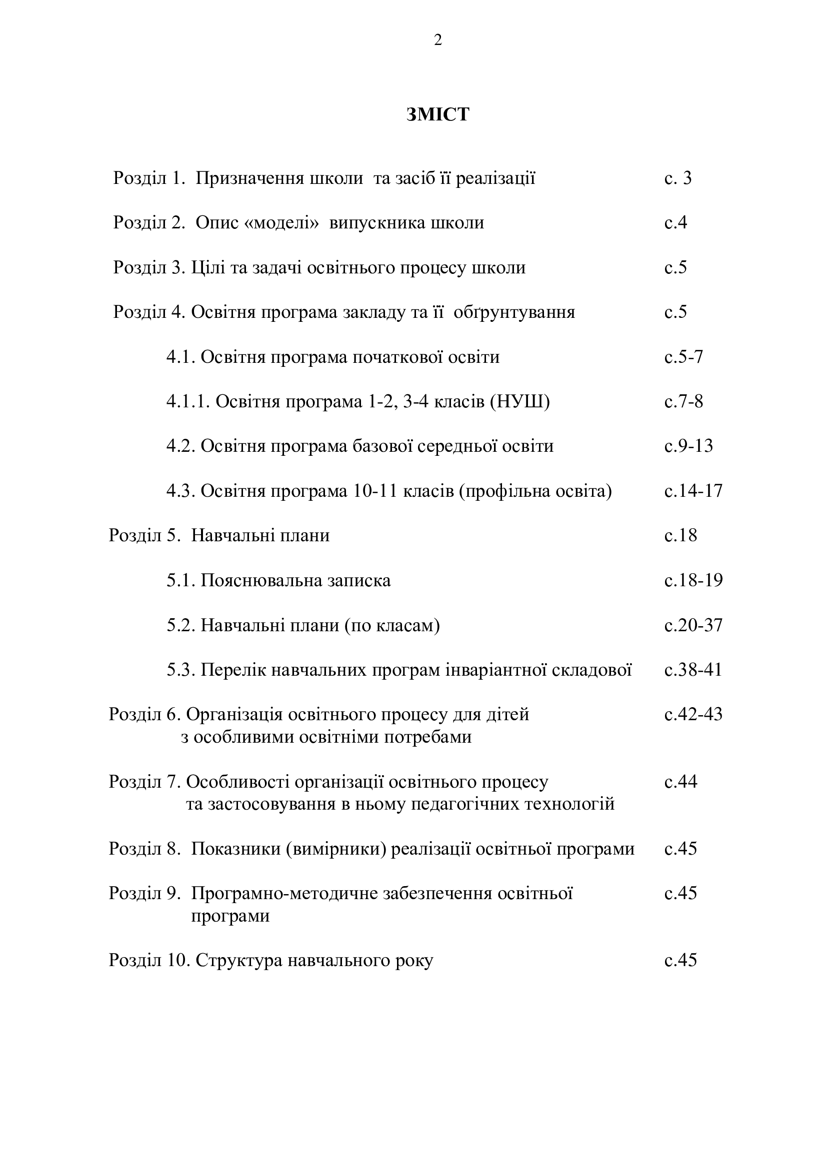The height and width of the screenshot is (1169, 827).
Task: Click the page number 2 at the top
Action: pyautogui.click(x=437, y=40)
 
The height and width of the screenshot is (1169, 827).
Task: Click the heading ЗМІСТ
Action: pyautogui.click(x=437, y=114)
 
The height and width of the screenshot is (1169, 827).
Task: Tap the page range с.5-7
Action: pyautogui.click(x=683, y=357)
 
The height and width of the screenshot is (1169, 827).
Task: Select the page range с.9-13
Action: pyautogui.click(x=688, y=446)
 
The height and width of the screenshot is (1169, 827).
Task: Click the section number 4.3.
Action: pyautogui.click(x=181, y=491)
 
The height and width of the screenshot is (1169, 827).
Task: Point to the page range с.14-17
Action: pyautogui.click(x=693, y=491)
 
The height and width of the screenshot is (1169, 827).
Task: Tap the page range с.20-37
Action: pyautogui.click(x=693, y=625)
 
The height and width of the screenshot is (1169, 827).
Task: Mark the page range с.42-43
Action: pyautogui.click(x=693, y=714)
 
